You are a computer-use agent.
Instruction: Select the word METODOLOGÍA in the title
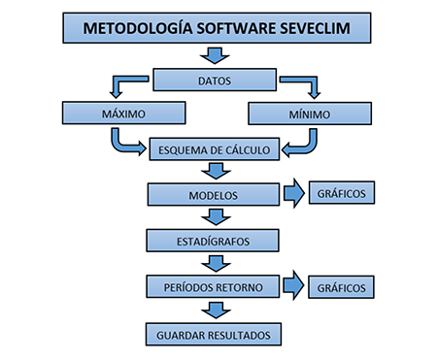point(132,27)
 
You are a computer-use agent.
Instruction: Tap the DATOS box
point(214,80)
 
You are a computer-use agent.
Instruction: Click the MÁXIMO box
point(122,114)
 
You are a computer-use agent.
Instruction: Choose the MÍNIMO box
point(308,114)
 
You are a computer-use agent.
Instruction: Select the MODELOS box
point(214,194)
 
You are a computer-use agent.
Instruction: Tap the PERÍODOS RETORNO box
point(214,286)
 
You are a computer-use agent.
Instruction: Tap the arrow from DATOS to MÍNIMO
point(302,86)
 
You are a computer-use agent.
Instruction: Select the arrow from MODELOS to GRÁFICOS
point(294,194)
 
